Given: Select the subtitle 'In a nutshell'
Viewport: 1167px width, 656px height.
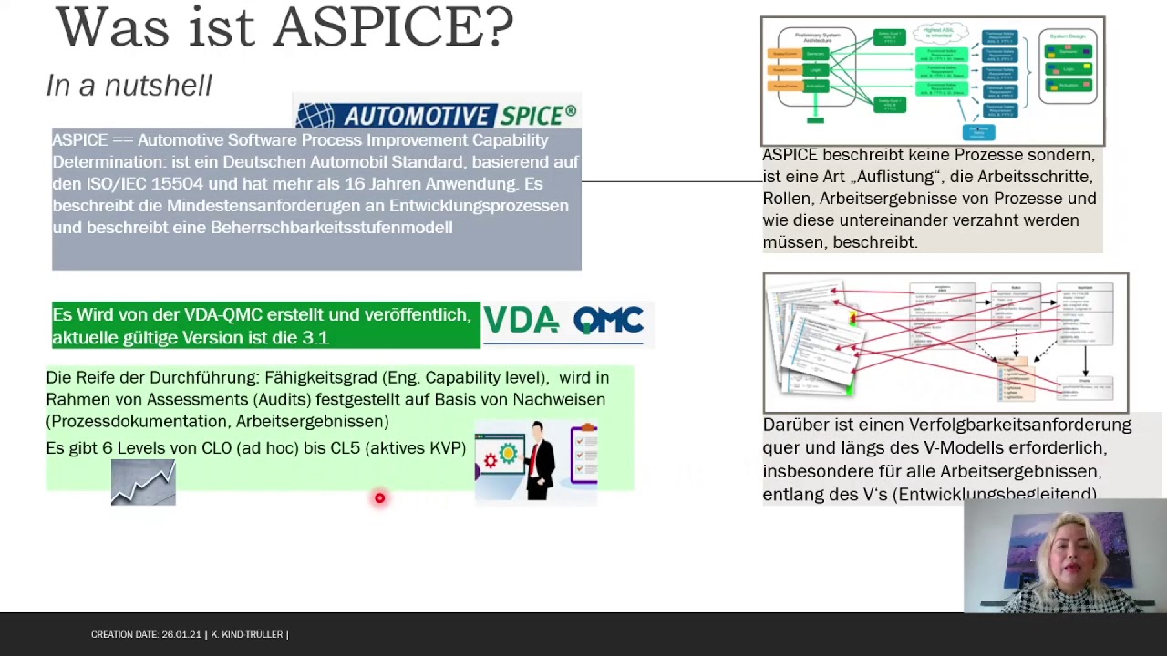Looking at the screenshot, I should coord(129,86).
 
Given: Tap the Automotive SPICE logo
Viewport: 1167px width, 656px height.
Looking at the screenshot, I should coord(437,115).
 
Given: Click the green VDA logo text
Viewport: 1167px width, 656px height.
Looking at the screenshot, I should coord(521,321).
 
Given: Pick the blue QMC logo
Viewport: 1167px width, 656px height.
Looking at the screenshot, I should coord(608,321).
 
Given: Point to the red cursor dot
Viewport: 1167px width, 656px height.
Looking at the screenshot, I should coord(379,497).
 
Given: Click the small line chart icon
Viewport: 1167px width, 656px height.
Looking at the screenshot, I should coord(143,483).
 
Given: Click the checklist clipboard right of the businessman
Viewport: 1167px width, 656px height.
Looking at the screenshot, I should coord(584,454).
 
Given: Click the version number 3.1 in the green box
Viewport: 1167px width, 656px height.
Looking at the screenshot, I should coord(315,338).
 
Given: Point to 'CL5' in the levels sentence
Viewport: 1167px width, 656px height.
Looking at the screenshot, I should coord(345,448).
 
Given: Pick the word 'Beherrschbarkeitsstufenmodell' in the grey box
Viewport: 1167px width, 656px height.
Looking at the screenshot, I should coord(331,228).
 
